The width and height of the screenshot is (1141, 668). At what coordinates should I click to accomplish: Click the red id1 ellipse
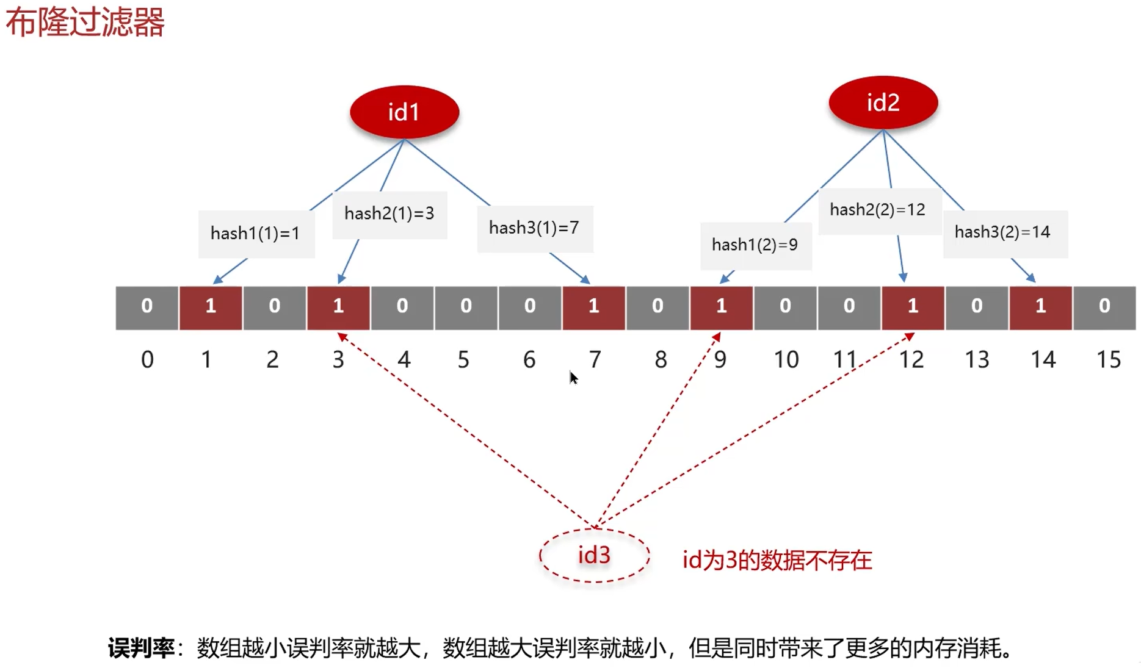click(x=404, y=112)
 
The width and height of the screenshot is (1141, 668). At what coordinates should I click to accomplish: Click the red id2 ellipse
click(x=883, y=102)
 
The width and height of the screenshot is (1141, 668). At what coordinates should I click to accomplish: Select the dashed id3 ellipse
click(x=594, y=555)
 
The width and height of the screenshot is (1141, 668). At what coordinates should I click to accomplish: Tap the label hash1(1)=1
click(x=256, y=233)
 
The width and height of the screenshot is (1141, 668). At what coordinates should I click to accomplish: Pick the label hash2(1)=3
click(x=389, y=214)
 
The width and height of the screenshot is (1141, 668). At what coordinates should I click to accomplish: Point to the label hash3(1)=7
click(x=534, y=228)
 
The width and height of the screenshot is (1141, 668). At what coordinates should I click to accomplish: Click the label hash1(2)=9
click(x=755, y=245)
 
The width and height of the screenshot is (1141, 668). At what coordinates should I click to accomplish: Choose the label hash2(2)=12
click(x=878, y=210)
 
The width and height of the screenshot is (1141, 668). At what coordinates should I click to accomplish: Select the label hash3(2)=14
click(x=1003, y=232)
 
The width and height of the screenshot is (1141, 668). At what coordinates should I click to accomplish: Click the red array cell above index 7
click(x=593, y=306)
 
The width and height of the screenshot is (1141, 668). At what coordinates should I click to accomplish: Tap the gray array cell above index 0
click(x=147, y=306)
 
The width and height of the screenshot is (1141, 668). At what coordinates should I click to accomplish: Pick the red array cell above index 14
click(x=1040, y=306)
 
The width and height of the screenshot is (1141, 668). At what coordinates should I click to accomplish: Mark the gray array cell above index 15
click(x=1104, y=306)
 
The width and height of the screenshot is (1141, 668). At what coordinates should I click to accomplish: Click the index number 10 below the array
click(x=786, y=360)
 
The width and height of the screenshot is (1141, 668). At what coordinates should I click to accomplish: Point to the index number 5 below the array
click(x=464, y=360)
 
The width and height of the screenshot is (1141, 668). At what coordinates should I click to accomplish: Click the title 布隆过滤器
click(x=85, y=23)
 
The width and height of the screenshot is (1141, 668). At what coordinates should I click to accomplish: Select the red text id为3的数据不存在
click(x=777, y=560)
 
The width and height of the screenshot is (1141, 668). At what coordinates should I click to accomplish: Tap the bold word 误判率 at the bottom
click(x=141, y=648)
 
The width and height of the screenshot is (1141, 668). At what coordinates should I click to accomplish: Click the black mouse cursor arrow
click(x=573, y=378)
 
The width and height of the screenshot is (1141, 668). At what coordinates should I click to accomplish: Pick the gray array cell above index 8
click(x=657, y=306)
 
